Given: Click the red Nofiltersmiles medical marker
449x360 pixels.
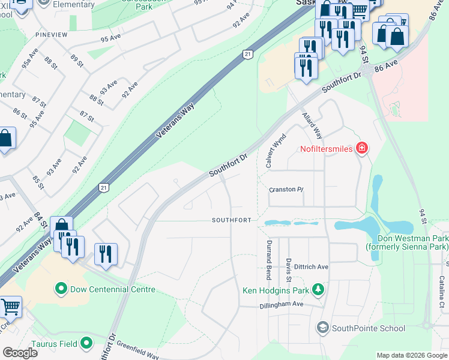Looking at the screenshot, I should click(x=361, y=148).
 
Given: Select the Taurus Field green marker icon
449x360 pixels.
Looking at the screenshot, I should click(x=87, y=344).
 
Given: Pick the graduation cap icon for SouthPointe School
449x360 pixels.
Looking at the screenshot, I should click(x=323, y=328).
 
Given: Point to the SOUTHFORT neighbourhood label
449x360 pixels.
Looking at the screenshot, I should click(x=231, y=220).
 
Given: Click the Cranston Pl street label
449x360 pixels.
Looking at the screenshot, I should click(x=286, y=190).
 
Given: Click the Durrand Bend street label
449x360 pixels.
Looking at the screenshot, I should click(x=268, y=259).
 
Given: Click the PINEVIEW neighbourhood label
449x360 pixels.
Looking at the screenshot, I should click(x=51, y=35).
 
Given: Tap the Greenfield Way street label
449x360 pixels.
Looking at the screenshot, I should click(x=138, y=350).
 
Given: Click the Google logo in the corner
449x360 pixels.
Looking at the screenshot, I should click(x=20, y=352).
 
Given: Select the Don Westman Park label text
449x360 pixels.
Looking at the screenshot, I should click(x=407, y=242).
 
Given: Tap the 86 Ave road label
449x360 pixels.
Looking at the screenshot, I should click(x=386, y=70).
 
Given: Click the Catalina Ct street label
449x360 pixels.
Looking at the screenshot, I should click(x=441, y=292).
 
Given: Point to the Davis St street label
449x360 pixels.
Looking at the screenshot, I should click(x=289, y=271).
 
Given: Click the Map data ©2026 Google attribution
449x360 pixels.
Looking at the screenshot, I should click(x=411, y=355).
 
